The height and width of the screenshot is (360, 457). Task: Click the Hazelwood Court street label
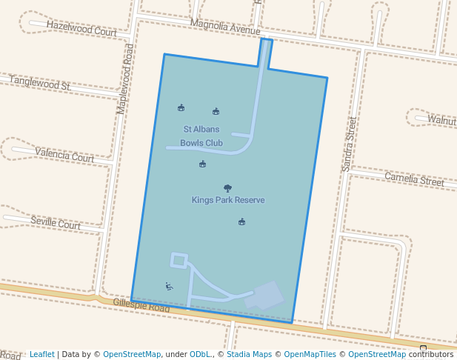click(x=81, y=29)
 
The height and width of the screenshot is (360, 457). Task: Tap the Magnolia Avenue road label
click(x=225, y=27)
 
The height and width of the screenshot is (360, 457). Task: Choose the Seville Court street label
click(x=56, y=222)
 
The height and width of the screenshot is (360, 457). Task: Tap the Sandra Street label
click(x=350, y=144)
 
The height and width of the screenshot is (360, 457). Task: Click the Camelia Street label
click(x=414, y=179)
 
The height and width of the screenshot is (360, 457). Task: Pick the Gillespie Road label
click(x=141, y=305)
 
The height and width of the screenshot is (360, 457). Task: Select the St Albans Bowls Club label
click(x=201, y=136)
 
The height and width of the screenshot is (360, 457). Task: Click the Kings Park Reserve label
click(x=228, y=200)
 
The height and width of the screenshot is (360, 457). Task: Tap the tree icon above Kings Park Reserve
click(x=227, y=188)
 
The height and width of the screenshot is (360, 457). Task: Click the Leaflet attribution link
click(x=42, y=354)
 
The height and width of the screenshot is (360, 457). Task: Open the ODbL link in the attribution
click(x=200, y=354)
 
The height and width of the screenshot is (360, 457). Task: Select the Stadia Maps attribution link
click(x=247, y=354)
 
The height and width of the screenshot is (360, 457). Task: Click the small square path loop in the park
click(x=179, y=260)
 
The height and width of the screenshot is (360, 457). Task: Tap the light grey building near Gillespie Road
click(x=265, y=295)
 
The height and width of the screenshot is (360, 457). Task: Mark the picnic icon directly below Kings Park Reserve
click(x=241, y=221)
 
